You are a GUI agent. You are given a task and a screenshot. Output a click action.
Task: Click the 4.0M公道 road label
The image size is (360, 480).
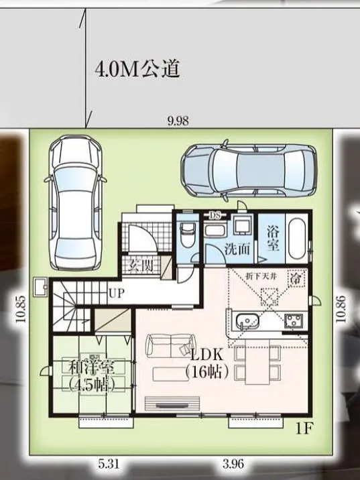137,69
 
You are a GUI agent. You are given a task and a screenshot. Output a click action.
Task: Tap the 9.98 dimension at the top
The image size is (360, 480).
178,121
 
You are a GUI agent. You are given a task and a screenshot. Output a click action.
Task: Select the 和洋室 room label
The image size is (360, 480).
90,367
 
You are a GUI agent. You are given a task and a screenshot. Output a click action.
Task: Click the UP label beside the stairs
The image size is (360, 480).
115,293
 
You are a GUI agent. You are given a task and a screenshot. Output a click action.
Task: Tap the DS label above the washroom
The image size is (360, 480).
215,215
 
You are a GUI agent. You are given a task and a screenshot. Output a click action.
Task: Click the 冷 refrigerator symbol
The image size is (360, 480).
294,278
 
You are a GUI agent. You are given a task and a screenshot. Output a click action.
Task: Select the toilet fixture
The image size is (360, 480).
188,235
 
